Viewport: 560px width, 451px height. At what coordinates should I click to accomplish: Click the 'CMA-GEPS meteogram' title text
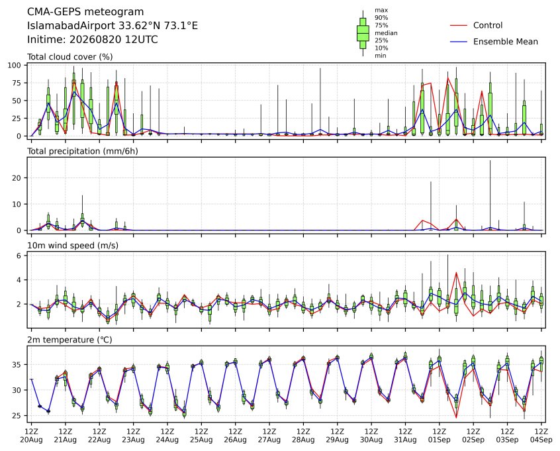[85, 12]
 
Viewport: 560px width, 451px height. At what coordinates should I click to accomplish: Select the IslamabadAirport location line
[113, 26]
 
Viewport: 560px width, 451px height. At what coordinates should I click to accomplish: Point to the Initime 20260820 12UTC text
[93, 39]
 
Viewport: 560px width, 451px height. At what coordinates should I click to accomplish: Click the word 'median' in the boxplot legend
[386, 33]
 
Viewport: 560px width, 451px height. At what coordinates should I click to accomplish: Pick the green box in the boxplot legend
[363, 33]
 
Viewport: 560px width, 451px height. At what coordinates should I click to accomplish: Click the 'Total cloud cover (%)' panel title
[70, 57]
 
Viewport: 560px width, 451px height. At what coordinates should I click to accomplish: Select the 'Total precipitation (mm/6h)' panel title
[83, 151]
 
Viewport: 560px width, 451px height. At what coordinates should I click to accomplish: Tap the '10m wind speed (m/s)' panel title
[73, 246]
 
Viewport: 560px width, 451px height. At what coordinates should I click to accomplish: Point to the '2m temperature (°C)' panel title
[70, 340]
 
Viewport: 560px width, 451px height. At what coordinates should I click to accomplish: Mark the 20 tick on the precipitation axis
[17, 178]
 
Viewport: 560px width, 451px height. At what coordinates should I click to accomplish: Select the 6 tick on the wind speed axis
[19, 256]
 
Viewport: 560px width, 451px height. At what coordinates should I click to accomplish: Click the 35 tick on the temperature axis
[17, 365]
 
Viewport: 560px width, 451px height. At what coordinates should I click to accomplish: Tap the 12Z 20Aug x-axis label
[31, 436]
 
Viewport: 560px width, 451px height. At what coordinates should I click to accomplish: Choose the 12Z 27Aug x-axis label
[269, 436]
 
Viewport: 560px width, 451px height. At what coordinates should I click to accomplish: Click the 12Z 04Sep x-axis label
[541, 436]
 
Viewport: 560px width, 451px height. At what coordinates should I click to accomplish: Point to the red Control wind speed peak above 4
[456, 273]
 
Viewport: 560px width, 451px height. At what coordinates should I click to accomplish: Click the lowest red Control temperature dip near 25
[456, 417]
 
